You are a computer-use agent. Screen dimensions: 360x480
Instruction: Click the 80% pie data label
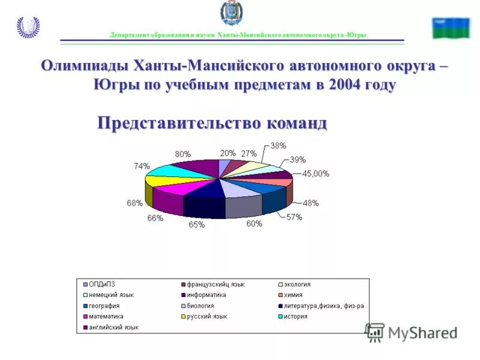pos(183,154)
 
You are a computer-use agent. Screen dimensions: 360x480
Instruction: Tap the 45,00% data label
pos(315,174)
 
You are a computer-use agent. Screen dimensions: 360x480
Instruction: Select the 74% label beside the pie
pos(142,166)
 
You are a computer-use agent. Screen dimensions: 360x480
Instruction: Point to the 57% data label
pos(294,217)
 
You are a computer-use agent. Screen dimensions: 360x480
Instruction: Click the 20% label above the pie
pos(227,153)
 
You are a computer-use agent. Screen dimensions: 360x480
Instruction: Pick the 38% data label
pos(278,146)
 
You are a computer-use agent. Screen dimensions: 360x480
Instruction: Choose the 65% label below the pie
pos(197,225)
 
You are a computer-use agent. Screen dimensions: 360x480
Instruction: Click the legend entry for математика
pos(106,316)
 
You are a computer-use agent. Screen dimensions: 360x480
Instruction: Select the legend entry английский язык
pos(114,327)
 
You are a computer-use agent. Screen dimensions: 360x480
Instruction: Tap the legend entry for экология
pos(297,284)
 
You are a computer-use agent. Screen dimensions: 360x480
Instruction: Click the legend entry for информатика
pos(206,295)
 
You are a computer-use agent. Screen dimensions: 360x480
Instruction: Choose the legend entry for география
pos(104,306)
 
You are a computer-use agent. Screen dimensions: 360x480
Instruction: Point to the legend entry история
pos(295,316)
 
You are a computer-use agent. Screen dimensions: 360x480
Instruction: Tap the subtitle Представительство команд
pos(212,124)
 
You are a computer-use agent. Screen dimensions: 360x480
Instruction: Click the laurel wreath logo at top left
pos(28,27)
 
